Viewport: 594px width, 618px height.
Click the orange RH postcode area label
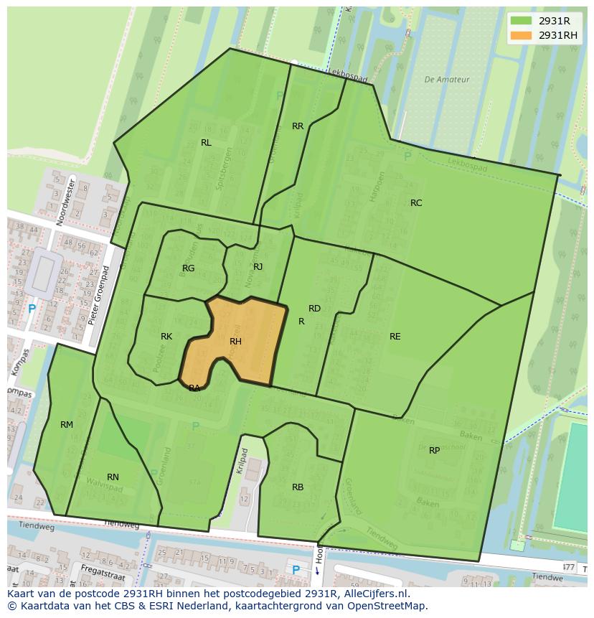(235, 342)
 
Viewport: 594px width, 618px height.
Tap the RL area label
(206, 143)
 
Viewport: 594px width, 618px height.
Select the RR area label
(298, 126)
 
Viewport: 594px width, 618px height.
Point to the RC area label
(416, 203)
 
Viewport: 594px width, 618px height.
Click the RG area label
(188, 268)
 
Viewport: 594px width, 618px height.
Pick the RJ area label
(258, 267)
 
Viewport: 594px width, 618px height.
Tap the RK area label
(166, 337)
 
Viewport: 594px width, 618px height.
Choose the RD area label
(314, 309)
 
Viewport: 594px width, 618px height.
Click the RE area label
(395, 337)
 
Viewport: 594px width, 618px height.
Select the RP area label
(434, 451)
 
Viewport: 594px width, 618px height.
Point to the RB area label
(298, 487)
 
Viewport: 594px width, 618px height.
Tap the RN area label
(113, 477)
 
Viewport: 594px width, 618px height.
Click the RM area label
(67, 425)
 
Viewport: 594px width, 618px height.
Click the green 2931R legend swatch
(521, 21)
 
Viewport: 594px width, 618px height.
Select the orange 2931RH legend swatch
(521, 35)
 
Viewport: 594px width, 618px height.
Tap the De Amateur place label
(447, 80)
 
